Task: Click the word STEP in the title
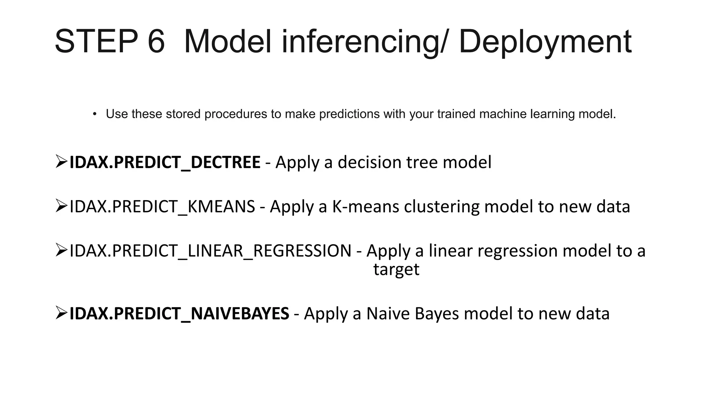tap(96, 42)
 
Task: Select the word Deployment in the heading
tap(545, 42)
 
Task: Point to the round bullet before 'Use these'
tap(95, 114)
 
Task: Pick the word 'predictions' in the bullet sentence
tap(349, 114)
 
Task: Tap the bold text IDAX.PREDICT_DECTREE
tap(165, 162)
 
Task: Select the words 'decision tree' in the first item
tap(387, 162)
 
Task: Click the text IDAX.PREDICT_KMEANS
tap(162, 206)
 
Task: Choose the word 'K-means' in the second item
tap(365, 206)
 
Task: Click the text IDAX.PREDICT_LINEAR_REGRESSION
tap(210, 251)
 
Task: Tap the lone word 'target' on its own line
tap(396, 269)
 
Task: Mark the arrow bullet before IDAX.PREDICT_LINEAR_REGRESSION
tap(61, 250)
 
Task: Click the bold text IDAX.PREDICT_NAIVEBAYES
tap(179, 313)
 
